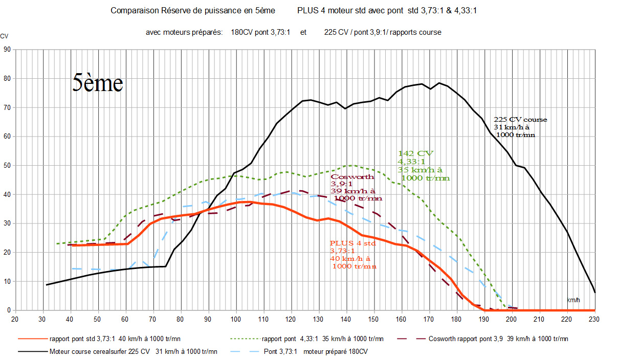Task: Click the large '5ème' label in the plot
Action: [x=97, y=83]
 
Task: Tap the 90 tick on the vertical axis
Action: [x=7, y=50]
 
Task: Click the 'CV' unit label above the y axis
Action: [x=4, y=36]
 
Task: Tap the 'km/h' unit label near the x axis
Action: [x=573, y=300]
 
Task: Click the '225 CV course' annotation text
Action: [x=520, y=120]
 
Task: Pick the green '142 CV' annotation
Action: [x=415, y=153]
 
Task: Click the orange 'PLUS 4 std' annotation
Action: [x=353, y=243]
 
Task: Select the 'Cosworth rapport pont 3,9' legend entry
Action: [x=498, y=339]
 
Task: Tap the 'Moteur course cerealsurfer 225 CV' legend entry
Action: [x=133, y=351]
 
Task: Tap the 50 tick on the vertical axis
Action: [x=7, y=166]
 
